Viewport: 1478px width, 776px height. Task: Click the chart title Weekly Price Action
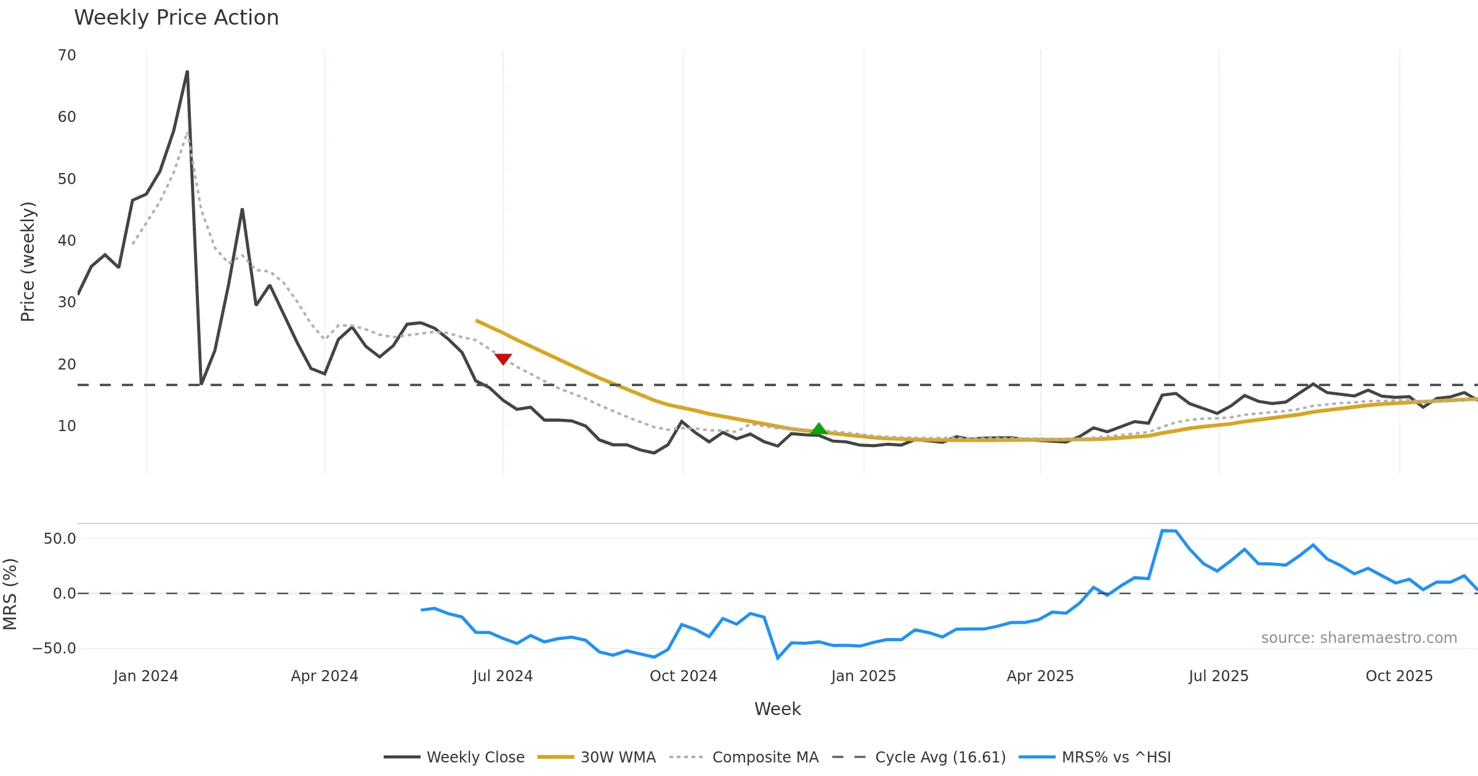[x=176, y=18]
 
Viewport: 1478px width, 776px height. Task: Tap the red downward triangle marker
[x=503, y=358]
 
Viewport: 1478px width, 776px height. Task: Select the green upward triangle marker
[x=818, y=429]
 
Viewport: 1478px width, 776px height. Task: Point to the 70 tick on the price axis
[x=67, y=55]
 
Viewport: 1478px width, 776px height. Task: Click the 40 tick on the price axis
[x=67, y=241]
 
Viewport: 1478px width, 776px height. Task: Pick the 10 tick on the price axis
[x=67, y=426]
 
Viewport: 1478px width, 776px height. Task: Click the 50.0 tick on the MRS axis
[x=60, y=539]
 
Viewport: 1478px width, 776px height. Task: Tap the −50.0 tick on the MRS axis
[x=55, y=649]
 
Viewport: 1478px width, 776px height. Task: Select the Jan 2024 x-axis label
[x=146, y=676]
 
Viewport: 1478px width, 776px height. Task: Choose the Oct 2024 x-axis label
[x=684, y=676]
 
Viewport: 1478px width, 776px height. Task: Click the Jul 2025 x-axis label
[x=1219, y=676]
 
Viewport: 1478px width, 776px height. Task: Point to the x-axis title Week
[x=778, y=709]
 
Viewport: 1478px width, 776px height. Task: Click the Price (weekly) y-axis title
[x=28, y=262]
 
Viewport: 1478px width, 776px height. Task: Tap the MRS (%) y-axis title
[x=10, y=594]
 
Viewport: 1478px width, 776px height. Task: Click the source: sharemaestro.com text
[x=1359, y=638]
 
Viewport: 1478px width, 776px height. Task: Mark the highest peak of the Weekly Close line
[x=187, y=71]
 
